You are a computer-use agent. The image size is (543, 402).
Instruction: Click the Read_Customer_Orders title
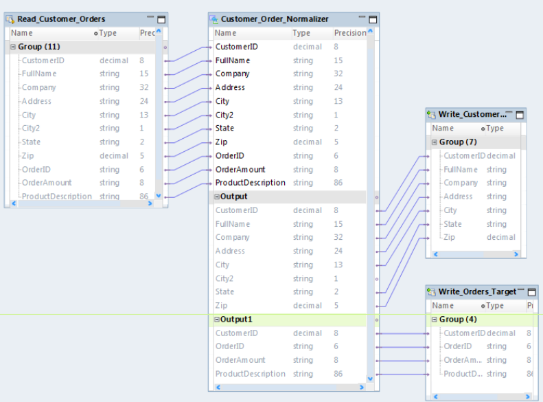click(x=61, y=19)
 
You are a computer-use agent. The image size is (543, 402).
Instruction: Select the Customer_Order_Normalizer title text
click(x=275, y=19)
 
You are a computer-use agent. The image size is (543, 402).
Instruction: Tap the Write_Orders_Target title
click(x=478, y=291)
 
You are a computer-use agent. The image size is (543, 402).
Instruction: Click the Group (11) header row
click(x=39, y=47)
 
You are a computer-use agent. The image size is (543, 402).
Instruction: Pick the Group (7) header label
click(x=458, y=142)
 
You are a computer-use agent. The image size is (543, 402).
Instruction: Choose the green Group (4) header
click(x=458, y=319)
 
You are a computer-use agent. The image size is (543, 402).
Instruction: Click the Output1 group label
click(x=237, y=319)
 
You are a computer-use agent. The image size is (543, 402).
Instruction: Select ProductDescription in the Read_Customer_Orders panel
click(x=56, y=197)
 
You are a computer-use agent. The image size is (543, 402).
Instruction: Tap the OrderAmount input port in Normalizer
click(x=240, y=169)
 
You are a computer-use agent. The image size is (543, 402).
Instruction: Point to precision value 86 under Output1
click(x=338, y=374)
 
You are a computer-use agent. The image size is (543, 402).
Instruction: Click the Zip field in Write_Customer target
click(x=450, y=237)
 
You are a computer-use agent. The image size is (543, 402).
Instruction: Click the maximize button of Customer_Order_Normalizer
click(x=373, y=19)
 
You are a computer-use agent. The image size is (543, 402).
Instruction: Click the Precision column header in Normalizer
click(x=350, y=33)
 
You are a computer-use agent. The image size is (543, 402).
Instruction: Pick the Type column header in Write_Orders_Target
click(x=494, y=305)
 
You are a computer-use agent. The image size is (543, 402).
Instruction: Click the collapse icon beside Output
click(x=217, y=197)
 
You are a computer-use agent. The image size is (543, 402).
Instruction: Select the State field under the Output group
click(x=224, y=292)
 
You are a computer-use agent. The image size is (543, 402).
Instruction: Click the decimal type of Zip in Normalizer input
click(x=307, y=142)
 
